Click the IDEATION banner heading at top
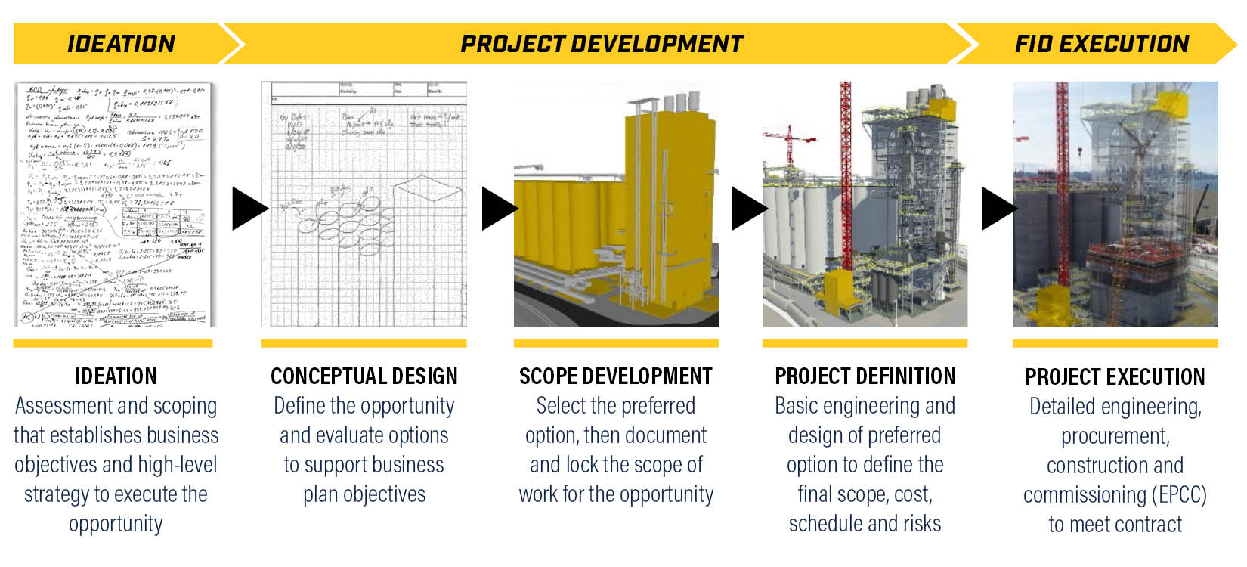pyautogui.click(x=121, y=44)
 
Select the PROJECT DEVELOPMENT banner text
pyautogui.click(x=602, y=44)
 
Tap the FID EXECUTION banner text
pyautogui.click(x=1101, y=44)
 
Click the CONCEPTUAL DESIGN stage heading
pyautogui.click(x=364, y=376)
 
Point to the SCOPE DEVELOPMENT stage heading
pyautogui.click(x=615, y=376)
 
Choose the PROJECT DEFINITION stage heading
pyautogui.click(x=865, y=376)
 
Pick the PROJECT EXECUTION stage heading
pyautogui.click(x=1115, y=376)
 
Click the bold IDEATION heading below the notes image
pyautogui.click(x=116, y=376)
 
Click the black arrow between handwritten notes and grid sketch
pyautogui.click(x=247, y=209)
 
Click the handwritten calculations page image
pyautogui.click(x=115, y=204)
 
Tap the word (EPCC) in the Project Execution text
pyautogui.click(x=1179, y=495)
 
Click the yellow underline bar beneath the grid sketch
pyautogui.click(x=364, y=343)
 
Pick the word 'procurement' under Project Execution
pyautogui.click(x=1115, y=436)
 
